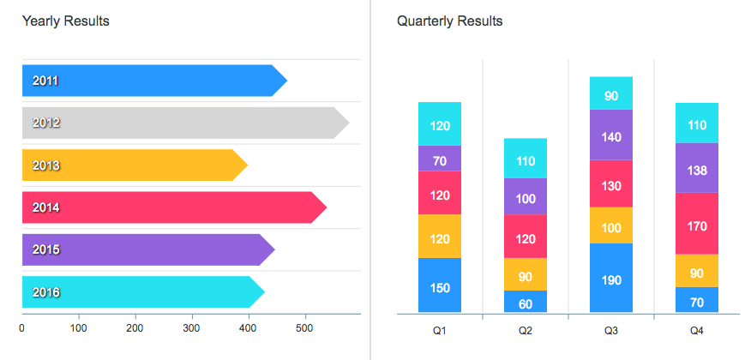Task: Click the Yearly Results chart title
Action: pos(66,21)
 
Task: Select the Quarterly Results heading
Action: pos(449,21)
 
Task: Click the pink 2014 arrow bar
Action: pos(171,207)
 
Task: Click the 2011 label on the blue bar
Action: pos(45,81)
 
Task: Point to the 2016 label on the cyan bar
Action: pos(45,292)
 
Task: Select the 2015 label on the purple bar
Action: pos(45,249)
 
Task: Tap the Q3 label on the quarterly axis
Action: pos(611,329)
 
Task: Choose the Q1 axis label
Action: pos(440,329)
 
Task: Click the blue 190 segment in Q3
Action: pos(611,279)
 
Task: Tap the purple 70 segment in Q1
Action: pos(440,159)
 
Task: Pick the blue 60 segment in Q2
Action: pos(526,302)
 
